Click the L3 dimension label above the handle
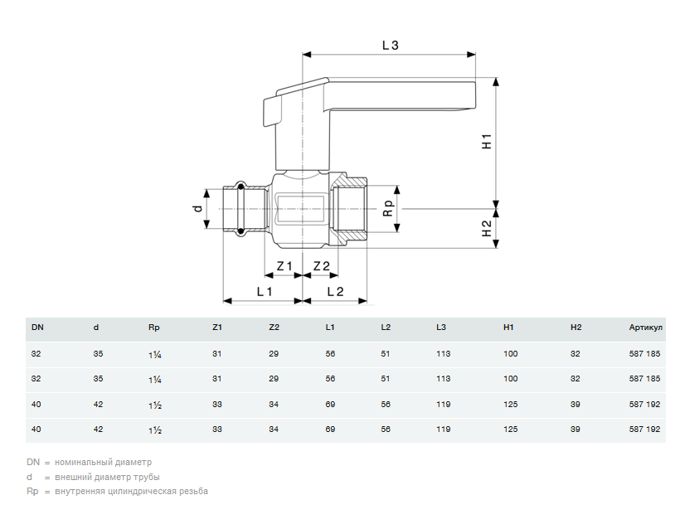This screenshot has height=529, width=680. coord(391,46)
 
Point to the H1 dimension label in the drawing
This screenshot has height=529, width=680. coord(487,141)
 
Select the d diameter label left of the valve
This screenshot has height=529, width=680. coord(197,208)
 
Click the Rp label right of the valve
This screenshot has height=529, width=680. coord(387,208)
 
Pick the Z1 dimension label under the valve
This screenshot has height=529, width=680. coord(284,266)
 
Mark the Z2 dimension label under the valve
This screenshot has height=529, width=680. coord(321,266)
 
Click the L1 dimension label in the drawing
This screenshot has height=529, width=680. coord(264,291)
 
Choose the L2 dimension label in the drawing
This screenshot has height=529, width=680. coord(335,291)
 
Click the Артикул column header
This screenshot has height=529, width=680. coord(645,328)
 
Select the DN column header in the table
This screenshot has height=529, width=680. coord(37,328)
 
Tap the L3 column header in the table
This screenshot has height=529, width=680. coord(441,328)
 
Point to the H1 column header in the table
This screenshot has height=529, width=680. coord(508,328)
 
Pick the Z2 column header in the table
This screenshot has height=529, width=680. coord(274,328)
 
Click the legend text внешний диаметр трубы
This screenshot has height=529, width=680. coord(107,477)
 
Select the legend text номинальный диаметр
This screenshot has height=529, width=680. coord(103,462)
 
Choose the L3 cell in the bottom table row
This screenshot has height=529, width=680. coord(443,430)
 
